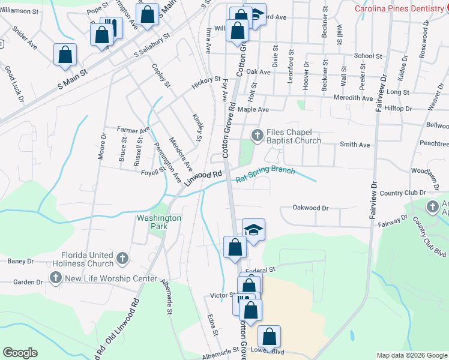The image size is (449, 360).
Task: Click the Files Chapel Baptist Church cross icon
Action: coord(257,134)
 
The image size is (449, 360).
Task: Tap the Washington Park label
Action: coord(159,223)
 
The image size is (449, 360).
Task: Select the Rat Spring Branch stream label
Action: coord(265,175)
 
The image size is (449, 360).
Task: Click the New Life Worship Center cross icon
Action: coord(56,278)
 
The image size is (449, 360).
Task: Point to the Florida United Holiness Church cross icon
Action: coord(122,258)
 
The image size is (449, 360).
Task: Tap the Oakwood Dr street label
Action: coord(310,208)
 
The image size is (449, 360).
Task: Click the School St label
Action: coord(368,56)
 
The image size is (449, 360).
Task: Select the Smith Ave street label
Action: coord(355,145)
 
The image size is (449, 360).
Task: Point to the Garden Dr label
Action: coord(28,282)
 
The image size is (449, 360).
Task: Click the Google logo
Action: coord(20,353)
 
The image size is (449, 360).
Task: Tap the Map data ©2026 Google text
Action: coord(412,355)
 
